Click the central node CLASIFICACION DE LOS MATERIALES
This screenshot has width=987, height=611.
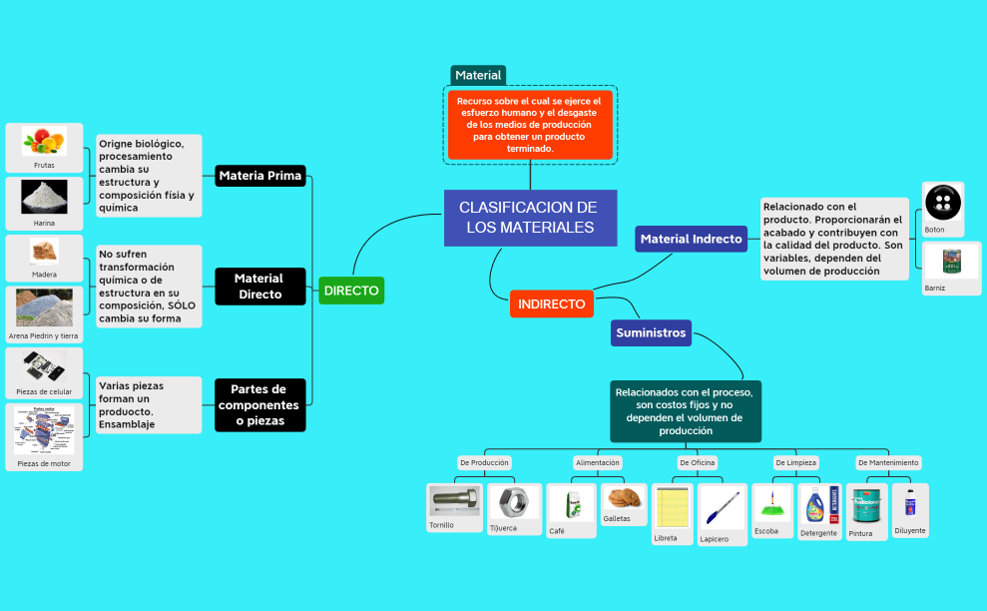pyautogui.click(x=530, y=218)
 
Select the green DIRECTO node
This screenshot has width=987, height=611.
pyautogui.click(x=350, y=291)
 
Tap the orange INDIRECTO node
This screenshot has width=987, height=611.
pyautogui.click(x=551, y=304)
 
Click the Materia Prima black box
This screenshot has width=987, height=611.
pyautogui.click(x=259, y=176)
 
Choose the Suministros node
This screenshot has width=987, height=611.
pyautogui.click(x=651, y=332)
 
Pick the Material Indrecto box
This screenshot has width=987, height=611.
pyautogui.click(x=691, y=239)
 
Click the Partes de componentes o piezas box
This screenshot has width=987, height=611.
pyautogui.click(x=259, y=404)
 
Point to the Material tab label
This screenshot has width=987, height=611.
pyautogui.click(x=478, y=75)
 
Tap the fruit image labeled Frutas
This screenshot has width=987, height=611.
pyautogui.click(x=44, y=140)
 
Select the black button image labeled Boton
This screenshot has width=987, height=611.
pyautogui.click(x=942, y=204)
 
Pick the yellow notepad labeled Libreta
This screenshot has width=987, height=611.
pyautogui.click(x=671, y=508)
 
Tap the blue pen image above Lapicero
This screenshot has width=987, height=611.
pyautogui.click(x=723, y=508)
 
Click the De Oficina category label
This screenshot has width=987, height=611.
pyautogui.click(x=697, y=463)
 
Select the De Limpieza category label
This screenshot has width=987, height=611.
pyautogui.click(x=795, y=463)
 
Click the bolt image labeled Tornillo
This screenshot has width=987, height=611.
pyautogui.click(x=454, y=501)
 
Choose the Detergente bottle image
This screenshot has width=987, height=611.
pyautogui.click(x=818, y=506)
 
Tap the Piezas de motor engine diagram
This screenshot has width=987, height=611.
pyautogui.click(x=44, y=430)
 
